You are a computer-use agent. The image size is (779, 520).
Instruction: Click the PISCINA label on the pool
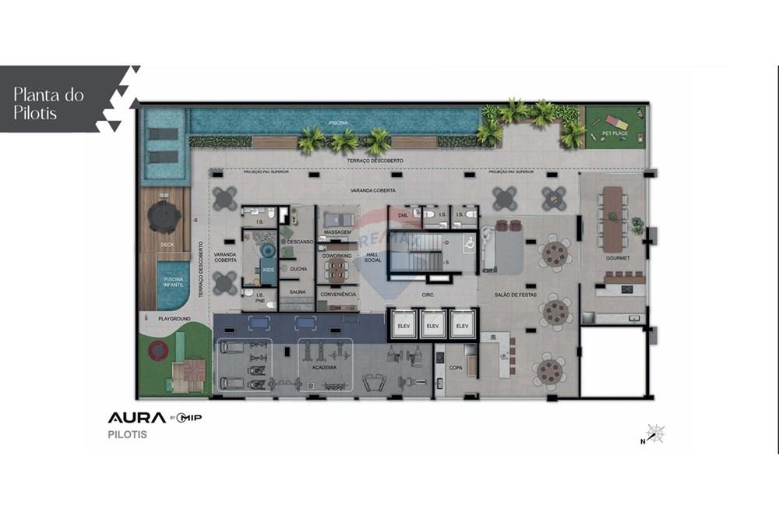click(338, 122)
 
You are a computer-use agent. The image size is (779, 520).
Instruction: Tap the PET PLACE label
click(615, 133)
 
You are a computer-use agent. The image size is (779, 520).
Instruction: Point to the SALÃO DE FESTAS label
click(516, 295)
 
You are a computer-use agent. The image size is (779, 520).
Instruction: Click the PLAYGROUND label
click(174, 319)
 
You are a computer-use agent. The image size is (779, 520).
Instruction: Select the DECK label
click(167, 245)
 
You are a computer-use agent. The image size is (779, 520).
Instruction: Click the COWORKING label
click(337, 256)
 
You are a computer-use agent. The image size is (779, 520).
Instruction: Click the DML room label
click(403, 214)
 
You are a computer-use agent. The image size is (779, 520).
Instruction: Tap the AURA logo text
click(136, 418)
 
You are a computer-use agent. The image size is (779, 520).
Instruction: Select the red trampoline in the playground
click(161, 352)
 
